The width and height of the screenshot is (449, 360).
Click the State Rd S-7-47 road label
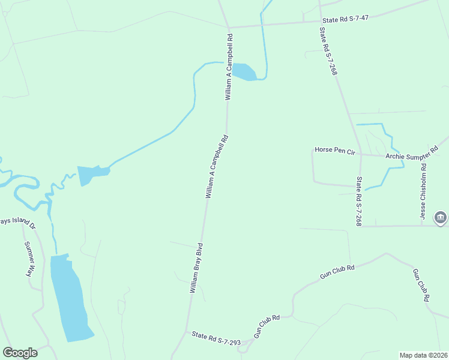tap(344, 19)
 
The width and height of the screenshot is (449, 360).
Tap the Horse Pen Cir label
tap(335, 150)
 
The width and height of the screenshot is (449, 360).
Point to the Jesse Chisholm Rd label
tap(423, 191)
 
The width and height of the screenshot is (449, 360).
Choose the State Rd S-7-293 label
tap(216, 338)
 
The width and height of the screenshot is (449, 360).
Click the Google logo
tap(20, 353)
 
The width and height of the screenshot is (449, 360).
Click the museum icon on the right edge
tap(441, 218)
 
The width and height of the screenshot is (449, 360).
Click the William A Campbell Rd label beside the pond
tap(229, 67)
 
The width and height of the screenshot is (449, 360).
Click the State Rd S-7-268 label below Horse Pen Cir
tap(358, 201)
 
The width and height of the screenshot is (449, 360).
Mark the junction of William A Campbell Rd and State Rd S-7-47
tap(229, 28)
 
